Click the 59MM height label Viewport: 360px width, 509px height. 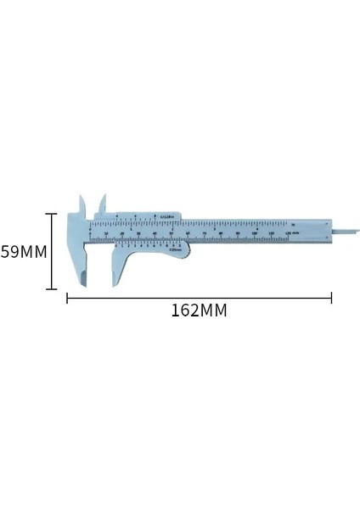pyautogui.click(x=23, y=252)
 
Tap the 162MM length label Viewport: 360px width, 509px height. pyautogui.click(x=199, y=310)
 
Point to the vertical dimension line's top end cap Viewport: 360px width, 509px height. pyautogui.click(x=53, y=214)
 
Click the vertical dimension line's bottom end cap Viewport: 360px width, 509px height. pyautogui.click(x=53, y=290)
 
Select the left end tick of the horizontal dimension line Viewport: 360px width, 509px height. pyautogui.click(x=68, y=297)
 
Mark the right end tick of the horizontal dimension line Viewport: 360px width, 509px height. pyautogui.click(x=331, y=297)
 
